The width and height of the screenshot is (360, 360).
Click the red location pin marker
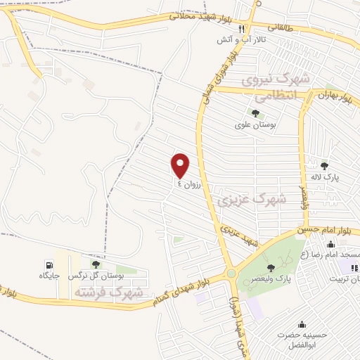pos(181,165)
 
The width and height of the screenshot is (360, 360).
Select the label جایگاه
pos(49,276)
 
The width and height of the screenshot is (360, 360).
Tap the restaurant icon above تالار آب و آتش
pos(241,29)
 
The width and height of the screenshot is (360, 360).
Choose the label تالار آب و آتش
pos(241,40)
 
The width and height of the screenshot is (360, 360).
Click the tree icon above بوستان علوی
pos(255,113)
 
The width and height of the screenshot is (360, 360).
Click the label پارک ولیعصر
pos(290,278)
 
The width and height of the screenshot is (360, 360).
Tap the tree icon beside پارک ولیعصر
pos(270,268)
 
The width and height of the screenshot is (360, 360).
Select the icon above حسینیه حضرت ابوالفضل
pos(302,323)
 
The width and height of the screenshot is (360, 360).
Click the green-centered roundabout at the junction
pos(231,274)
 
